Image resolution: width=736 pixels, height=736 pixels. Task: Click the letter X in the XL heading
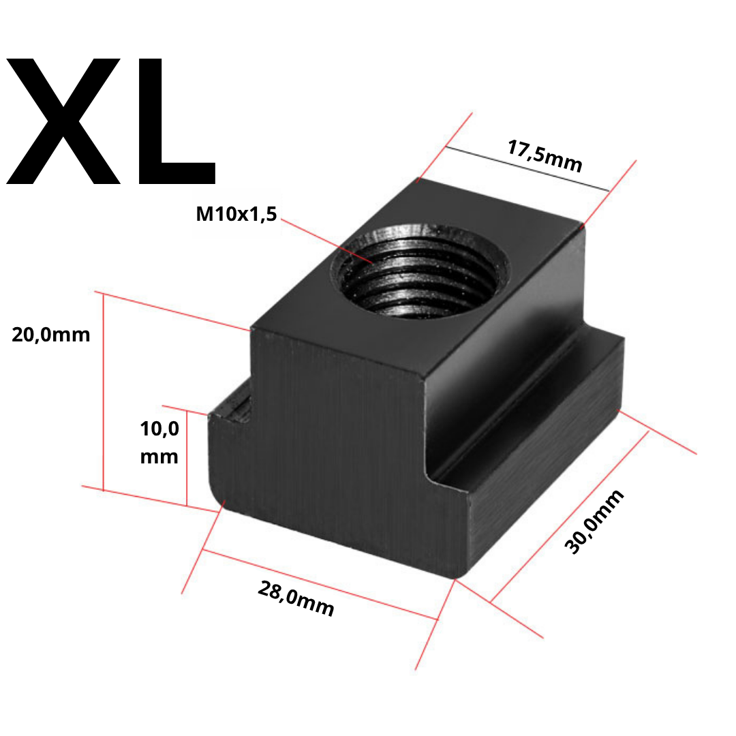coord(63,121)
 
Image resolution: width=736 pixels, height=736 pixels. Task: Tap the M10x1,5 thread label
coord(236,214)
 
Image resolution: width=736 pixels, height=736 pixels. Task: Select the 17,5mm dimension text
coord(545,156)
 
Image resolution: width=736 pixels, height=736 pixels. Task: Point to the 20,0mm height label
coord(50,335)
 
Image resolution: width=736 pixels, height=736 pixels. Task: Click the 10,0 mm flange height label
coord(159,442)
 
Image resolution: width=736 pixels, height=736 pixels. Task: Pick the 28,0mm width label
coord(296,598)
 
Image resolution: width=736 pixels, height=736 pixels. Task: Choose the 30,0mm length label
coord(594,521)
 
